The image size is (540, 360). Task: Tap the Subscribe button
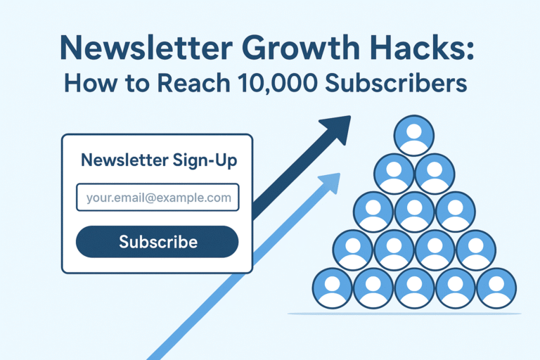point(157,242)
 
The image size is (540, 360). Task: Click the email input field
point(157,198)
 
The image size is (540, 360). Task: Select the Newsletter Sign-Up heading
point(159,160)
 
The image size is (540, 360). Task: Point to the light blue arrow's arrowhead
point(330,184)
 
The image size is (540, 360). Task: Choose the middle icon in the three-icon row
point(414,212)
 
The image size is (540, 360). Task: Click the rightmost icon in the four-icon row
point(475,250)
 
